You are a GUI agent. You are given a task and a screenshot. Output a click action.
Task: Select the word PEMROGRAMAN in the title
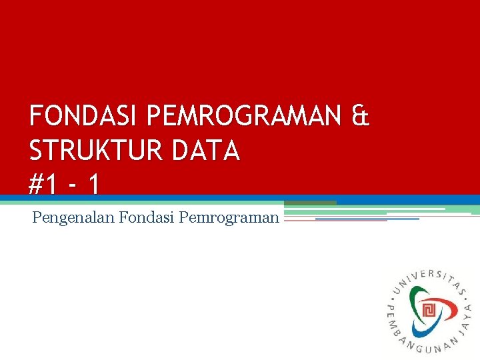coord(243,118)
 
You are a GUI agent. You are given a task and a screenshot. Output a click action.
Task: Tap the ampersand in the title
coord(359,118)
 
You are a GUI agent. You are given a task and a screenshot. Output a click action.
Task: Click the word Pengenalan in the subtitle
coord(73,217)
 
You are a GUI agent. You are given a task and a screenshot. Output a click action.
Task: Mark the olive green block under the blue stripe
coord(310,203)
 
